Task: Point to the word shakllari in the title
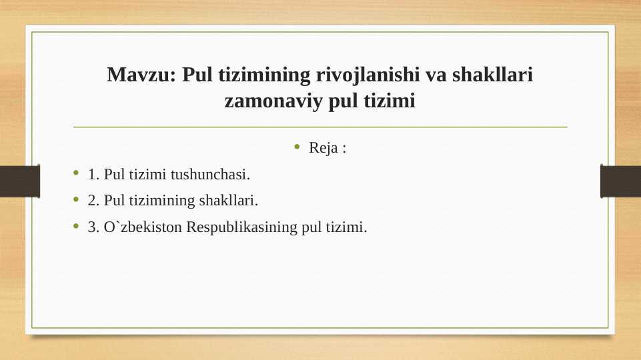pos(493,75)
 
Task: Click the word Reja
pos(323,147)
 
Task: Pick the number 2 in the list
pos(92,201)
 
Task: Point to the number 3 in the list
pos(92,227)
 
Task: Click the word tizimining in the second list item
pos(166,201)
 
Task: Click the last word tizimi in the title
pos(390,102)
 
